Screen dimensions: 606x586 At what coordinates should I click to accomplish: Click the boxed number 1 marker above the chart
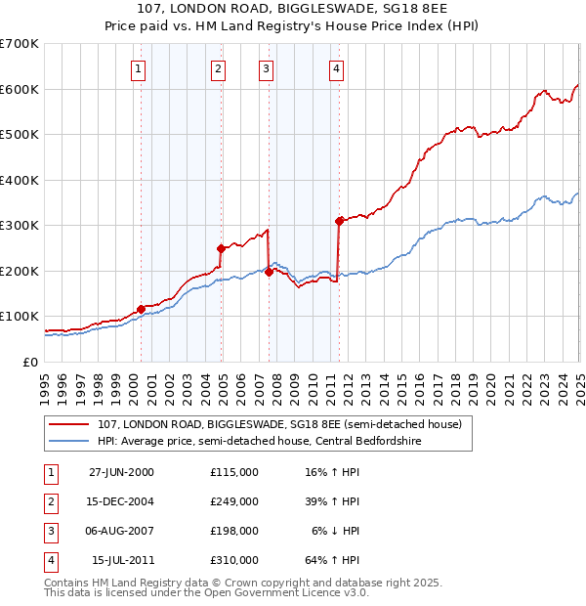point(139,68)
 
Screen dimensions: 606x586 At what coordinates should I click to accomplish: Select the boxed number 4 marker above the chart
point(336,68)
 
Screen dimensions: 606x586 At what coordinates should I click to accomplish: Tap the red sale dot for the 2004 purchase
point(221,248)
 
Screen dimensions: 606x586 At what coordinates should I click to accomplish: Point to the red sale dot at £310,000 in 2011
point(339,221)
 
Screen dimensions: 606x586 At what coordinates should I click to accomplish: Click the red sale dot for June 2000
point(141,309)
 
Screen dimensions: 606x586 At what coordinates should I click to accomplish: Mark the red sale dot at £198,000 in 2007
point(269,272)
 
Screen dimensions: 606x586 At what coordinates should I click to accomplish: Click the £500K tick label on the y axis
point(20,134)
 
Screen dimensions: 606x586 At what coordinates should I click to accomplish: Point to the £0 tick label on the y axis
point(29,362)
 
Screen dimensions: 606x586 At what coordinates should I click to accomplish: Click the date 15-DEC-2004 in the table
point(121,501)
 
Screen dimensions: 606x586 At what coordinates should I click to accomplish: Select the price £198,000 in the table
point(233,531)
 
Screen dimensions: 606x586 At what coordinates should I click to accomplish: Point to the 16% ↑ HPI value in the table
point(333,472)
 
